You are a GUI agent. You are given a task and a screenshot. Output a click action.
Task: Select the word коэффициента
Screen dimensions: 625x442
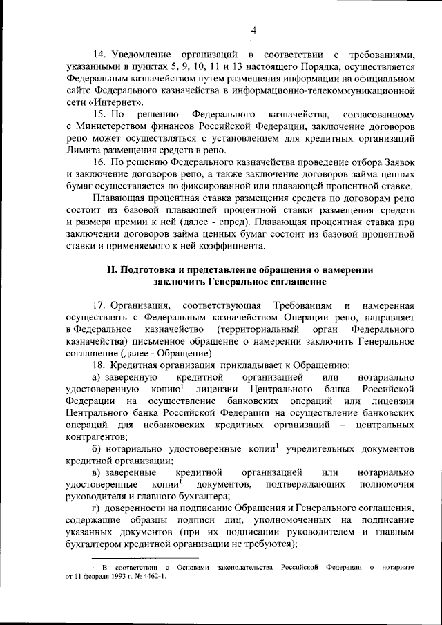234,250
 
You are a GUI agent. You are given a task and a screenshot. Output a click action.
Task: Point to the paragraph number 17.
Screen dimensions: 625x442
100,305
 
